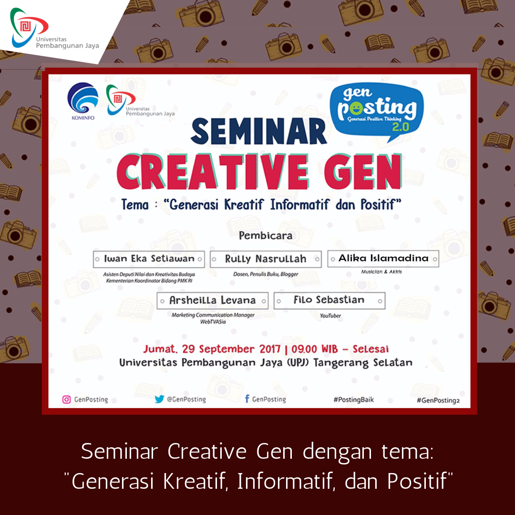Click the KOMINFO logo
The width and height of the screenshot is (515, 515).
83,101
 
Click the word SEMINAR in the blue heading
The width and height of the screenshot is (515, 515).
259,132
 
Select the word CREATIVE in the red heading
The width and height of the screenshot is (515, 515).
213,172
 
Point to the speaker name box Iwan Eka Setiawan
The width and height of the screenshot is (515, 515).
149,259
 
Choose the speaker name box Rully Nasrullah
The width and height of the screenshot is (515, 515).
266,259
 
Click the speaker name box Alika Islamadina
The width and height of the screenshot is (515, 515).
383,258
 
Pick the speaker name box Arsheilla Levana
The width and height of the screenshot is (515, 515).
213,300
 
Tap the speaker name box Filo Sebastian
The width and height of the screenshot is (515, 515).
329,300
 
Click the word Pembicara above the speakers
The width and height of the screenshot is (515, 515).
266,236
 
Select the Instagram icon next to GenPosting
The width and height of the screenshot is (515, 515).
66,400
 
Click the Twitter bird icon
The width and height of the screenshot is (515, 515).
159,399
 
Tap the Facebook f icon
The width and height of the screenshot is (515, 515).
247,399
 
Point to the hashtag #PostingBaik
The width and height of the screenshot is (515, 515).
354,400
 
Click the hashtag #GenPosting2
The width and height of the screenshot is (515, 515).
438,400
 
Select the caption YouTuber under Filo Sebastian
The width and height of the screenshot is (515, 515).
330,316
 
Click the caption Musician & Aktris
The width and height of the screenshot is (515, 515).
381,272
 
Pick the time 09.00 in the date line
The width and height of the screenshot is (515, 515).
304,349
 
